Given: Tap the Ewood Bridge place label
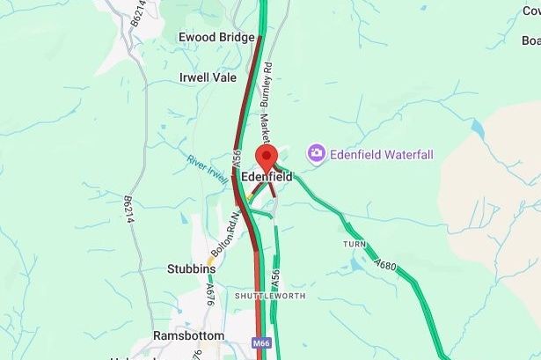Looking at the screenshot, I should pyautogui.click(x=216, y=37).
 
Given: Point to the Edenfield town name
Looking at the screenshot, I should pyautogui.click(x=267, y=177).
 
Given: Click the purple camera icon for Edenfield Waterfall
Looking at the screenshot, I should pyautogui.click(x=316, y=154).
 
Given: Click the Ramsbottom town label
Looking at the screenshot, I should pyautogui.click(x=188, y=336).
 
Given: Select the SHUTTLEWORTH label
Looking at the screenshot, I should pyautogui.click(x=270, y=296).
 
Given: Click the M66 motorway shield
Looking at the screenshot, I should pyautogui.click(x=260, y=342).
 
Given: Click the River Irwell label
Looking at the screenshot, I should pyautogui.click(x=208, y=165).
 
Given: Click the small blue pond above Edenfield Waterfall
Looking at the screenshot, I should pyautogui.click(x=478, y=127).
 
